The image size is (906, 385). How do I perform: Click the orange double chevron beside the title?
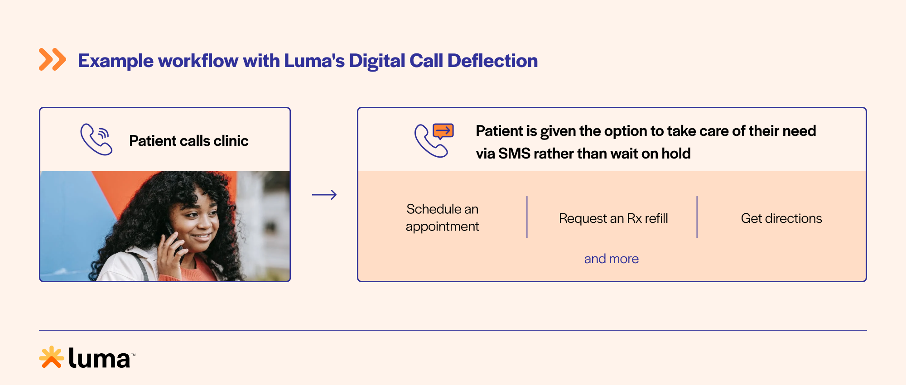[x=52, y=60]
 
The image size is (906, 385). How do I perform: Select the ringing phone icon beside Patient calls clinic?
[x=96, y=140]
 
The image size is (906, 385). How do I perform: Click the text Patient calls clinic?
[x=188, y=141]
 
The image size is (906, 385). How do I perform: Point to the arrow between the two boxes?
[x=324, y=195]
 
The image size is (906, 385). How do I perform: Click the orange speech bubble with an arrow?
[x=443, y=131]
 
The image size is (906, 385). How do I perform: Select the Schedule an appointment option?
[x=442, y=217]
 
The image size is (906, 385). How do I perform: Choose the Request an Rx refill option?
[x=613, y=218]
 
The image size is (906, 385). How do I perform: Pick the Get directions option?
[x=781, y=218]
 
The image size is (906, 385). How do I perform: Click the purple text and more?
[x=611, y=259]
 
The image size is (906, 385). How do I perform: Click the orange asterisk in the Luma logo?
[x=51, y=357]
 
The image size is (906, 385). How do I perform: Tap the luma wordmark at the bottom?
[x=100, y=359]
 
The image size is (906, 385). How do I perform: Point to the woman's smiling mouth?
[x=202, y=237]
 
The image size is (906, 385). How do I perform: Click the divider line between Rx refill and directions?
[x=697, y=217]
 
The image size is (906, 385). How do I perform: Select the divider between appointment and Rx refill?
[x=527, y=217]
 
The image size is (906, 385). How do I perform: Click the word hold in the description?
[x=676, y=154]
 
